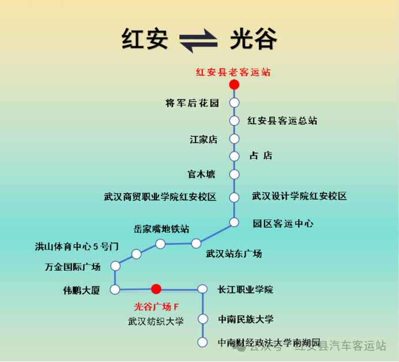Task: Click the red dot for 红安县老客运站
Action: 234,85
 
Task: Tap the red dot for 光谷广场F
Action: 156,289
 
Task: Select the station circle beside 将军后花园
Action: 234,103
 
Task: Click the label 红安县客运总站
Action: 283,121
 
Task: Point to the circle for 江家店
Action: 234,139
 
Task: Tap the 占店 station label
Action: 261,156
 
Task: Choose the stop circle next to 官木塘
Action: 234,174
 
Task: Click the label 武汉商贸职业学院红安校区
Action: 160,197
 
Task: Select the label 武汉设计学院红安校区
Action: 299,196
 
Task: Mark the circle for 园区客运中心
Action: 234,222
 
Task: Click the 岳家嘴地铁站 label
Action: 161,229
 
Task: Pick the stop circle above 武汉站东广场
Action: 196,243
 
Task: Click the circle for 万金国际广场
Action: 115,266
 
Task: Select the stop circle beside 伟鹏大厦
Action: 115,289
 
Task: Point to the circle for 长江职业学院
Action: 202,289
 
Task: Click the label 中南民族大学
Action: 246,319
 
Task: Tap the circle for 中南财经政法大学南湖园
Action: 202,342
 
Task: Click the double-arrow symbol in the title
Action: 198,40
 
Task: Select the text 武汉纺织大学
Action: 156,322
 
